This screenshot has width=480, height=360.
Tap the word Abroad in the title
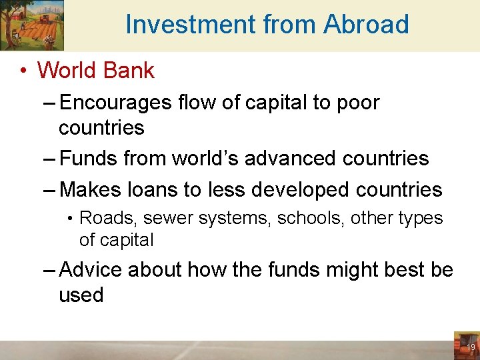(366, 25)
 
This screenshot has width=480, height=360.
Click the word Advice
(90, 270)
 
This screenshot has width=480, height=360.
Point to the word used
(81, 295)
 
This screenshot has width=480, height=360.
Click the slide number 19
(470, 347)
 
